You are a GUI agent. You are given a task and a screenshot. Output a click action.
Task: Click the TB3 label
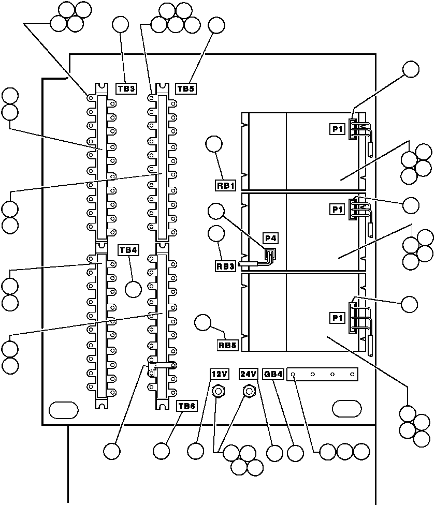pyautogui.click(x=126, y=88)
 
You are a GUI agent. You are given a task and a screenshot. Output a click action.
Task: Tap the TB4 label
pyautogui.click(x=128, y=250)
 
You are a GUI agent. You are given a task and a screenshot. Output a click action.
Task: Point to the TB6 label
pyautogui.click(x=186, y=406)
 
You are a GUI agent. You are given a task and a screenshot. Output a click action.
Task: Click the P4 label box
pyautogui.click(x=271, y=238)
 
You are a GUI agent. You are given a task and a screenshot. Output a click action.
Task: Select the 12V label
pyautogui.click(x=218, y=374)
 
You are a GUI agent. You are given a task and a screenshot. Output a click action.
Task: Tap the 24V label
pyautogui.click(x=248, y=374)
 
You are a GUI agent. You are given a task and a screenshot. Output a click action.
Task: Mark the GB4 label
pyautogui.click(x=273, y=374)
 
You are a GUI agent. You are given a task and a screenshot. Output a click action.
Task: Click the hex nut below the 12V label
pyautogui.click(x=218, y=391)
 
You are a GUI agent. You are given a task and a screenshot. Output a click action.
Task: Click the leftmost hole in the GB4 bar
pyautogui.click(x=294, y=374)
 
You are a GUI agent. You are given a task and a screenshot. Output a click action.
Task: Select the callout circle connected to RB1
pyautogui.click(x=214, y=144)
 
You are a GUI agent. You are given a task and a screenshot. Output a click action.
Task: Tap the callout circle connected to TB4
pyautogui.click(x=134, y=288)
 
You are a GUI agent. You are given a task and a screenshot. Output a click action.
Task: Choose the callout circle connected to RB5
pyautogui.click(x=203, y=323)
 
